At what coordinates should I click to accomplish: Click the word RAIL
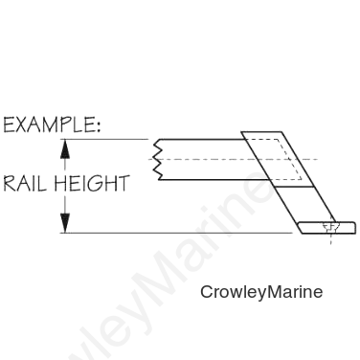pyautogui.click(x=25, y=184)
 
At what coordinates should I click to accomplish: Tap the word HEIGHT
pyautogui.click(x=92, y=184)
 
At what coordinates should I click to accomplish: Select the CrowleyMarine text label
pyautogui.click(x=261, y=292)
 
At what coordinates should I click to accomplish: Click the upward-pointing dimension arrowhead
pyautogui.click(x=65, y=149)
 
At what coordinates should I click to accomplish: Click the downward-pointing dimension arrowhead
pyautogui.click(x=65, y=223)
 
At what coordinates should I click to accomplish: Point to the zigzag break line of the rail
pyautogui.click(x=158, y=160)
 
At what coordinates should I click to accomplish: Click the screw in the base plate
pyautogui.click(x=329, y=228)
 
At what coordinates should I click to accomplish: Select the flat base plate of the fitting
pyautogui.click(x=326, y=228)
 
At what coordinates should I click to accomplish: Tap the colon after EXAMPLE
pyautogui.click(x=98, y=126)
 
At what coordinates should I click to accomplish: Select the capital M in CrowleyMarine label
pyautogui.click(x=274, y=292)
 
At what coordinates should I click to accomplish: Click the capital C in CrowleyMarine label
pyautogui.click(x=207, y=292)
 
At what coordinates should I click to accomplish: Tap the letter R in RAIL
pyautogui.click(x=10, y=184)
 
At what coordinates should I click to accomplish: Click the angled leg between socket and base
pyautogui.click(x=304, y=204)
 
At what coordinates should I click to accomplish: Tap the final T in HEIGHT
pyautogui.click(x=123, y=184)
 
